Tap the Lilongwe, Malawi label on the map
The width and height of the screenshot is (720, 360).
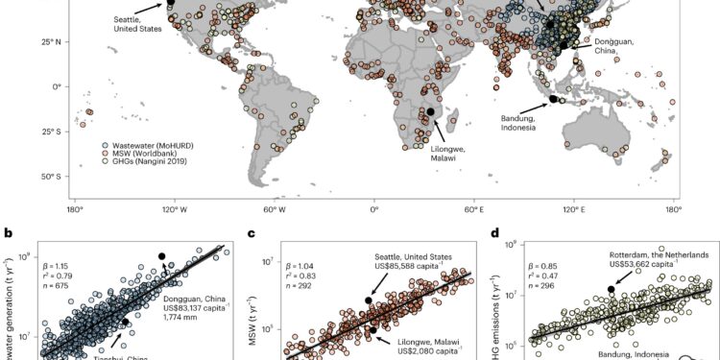click(429, 151)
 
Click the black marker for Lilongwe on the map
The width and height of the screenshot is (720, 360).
click(430, 111)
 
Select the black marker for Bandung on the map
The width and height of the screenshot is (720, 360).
click(554, 98)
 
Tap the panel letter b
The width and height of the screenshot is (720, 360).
click(8, 232)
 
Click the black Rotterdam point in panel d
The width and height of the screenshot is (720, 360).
click(612, 289)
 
